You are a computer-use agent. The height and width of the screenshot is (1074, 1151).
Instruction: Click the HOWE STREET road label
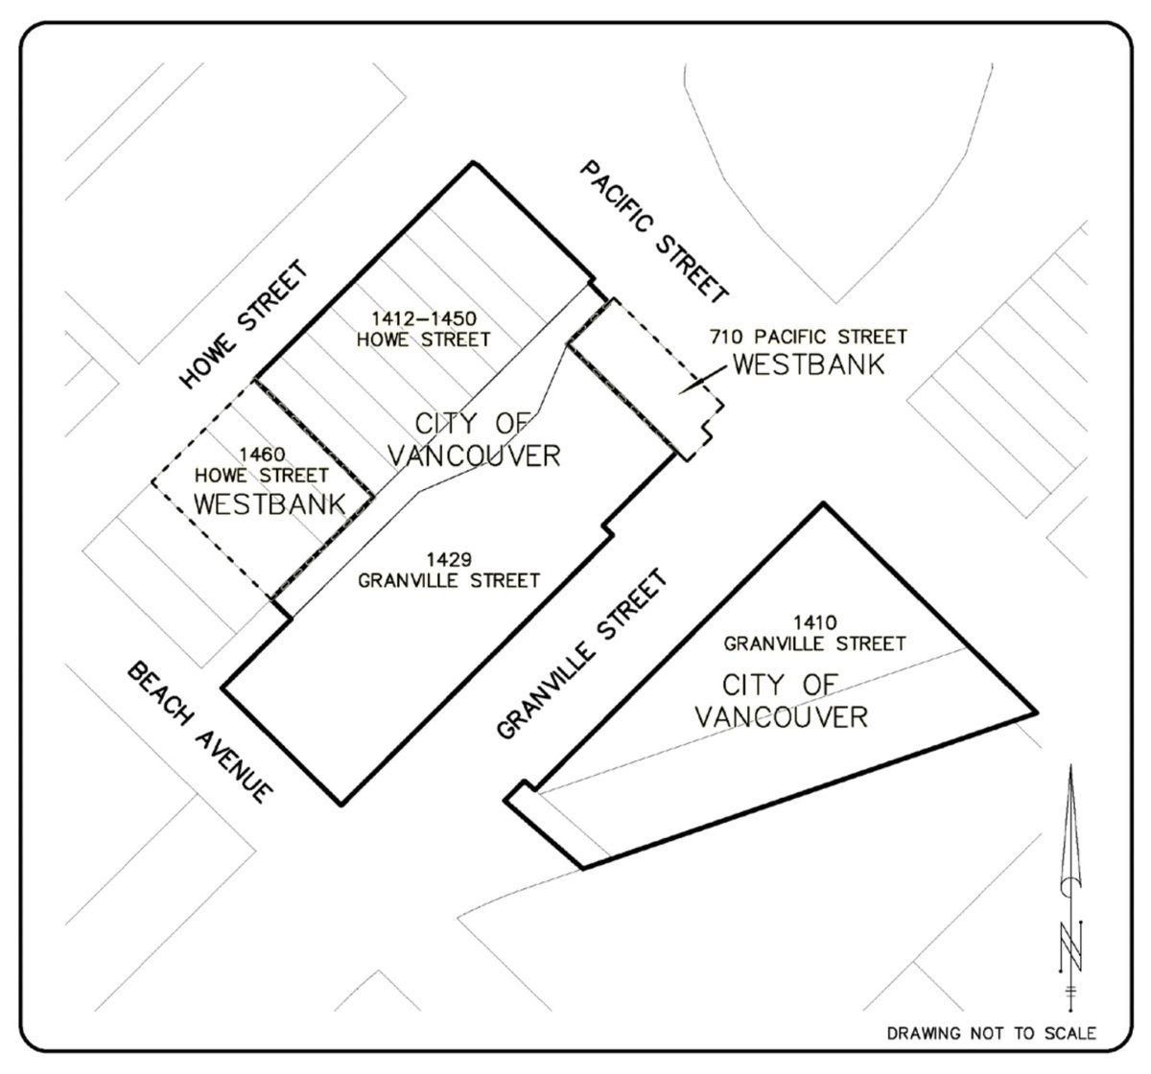[x=243, y=324]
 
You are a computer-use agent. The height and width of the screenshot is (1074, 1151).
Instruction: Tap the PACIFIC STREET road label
[x=654, y=231]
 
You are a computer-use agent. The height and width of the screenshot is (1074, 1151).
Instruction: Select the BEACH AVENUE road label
[x=200, y=732]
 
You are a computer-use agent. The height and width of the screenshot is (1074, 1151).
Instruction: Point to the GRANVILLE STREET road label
[x=582, y=653]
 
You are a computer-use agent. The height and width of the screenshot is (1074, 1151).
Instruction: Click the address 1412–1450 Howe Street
[x=424, y=329]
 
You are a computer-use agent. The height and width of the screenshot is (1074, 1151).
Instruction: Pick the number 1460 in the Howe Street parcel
[x=262, y=454]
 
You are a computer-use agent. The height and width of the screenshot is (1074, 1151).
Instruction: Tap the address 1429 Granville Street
[x=449, y=571]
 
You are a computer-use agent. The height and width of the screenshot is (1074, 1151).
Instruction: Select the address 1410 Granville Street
[x=814, y=634]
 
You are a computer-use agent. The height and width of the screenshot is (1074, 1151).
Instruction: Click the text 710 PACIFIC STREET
[x=808, y=337]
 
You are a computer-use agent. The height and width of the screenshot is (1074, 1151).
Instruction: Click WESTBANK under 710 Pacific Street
[x=810, y=364]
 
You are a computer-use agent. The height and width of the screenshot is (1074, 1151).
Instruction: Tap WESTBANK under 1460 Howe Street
[x=270, y=504]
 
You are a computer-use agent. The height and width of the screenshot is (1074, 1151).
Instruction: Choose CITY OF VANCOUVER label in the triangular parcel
[x=782, y=701]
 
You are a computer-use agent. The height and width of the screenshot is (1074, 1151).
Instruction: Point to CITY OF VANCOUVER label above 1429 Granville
[x=474, y=440]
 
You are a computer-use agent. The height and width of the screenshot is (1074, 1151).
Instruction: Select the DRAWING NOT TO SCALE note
[x=992, y=1034]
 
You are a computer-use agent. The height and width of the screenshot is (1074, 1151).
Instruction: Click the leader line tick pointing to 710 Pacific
[x=702, y=381]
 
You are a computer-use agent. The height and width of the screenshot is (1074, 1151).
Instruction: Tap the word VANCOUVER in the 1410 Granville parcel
[x=782, y=717]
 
